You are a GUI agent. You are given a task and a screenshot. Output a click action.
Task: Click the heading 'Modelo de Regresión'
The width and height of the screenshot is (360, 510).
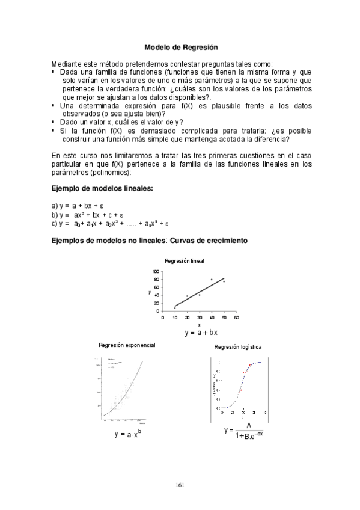(180, 46)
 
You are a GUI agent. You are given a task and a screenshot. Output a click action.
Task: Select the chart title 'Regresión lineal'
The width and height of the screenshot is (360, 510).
(184, 261)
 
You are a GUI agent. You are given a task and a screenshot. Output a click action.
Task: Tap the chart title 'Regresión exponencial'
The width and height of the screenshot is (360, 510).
(127, 345)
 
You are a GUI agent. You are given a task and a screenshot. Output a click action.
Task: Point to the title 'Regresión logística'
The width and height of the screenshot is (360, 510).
(237, 347)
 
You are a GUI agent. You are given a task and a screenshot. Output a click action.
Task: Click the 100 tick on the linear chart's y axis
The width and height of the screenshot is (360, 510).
(156, 272)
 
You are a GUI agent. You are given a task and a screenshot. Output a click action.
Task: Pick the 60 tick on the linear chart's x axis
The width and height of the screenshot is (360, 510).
(236, 317)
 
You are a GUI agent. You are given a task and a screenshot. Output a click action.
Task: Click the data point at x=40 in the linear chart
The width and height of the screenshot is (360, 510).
(212, 280)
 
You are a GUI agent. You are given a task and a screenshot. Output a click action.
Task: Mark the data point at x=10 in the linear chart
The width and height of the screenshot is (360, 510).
(175, 307)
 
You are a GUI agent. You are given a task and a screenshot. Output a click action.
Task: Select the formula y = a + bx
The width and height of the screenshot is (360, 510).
(201, 332)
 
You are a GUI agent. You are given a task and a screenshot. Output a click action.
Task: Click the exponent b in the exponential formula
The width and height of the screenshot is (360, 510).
(139, 431)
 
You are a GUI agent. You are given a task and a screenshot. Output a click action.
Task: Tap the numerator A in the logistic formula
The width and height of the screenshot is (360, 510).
(248, 426)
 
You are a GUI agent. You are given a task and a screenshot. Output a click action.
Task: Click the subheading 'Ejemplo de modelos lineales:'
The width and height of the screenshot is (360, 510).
(103, 188)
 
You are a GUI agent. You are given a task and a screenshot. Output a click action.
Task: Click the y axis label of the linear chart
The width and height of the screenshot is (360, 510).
(149, 292)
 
